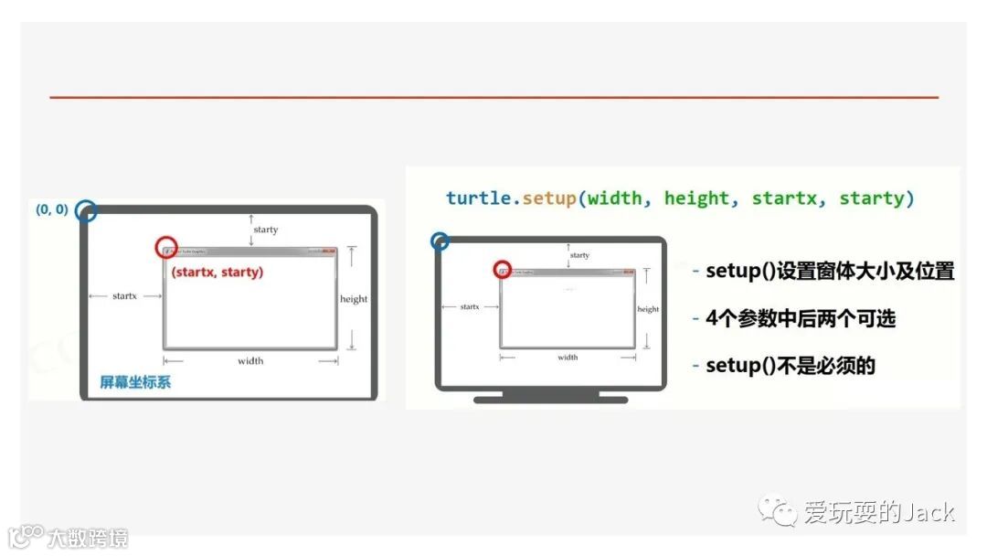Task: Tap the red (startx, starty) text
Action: (x=217, y=272)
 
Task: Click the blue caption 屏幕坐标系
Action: (x=135, y=381)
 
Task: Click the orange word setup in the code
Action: (x=549, y=198)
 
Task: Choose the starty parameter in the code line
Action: (x=873, y=198)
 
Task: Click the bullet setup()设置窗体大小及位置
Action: (x=830, y=272)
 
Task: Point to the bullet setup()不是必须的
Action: (x=791, y=366)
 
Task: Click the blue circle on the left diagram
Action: (x=86, y=211)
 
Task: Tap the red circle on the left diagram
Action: (x=165, y=247)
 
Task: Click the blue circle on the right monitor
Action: (x=440, y=241)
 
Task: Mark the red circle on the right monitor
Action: (x=502, y=270)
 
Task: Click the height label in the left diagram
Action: (x=354, y=299)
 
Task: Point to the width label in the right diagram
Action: (x=568, y=357)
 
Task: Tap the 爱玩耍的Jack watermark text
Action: (x=878, y=512)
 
